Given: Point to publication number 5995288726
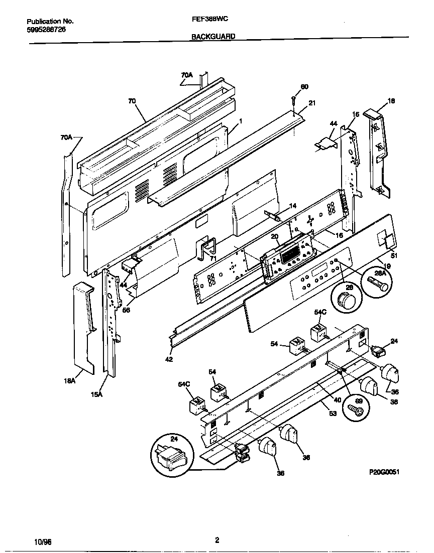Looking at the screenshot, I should (46, 29).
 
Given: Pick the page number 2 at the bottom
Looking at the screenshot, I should (217, 540).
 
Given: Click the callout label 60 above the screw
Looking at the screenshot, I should (304, 87).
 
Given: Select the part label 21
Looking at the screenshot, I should (312, 103).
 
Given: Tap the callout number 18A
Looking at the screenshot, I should (70, 381).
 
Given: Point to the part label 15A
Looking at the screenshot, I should (97, 394).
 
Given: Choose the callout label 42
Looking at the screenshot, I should (169, 359).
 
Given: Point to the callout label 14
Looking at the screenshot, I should (292, 205).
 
